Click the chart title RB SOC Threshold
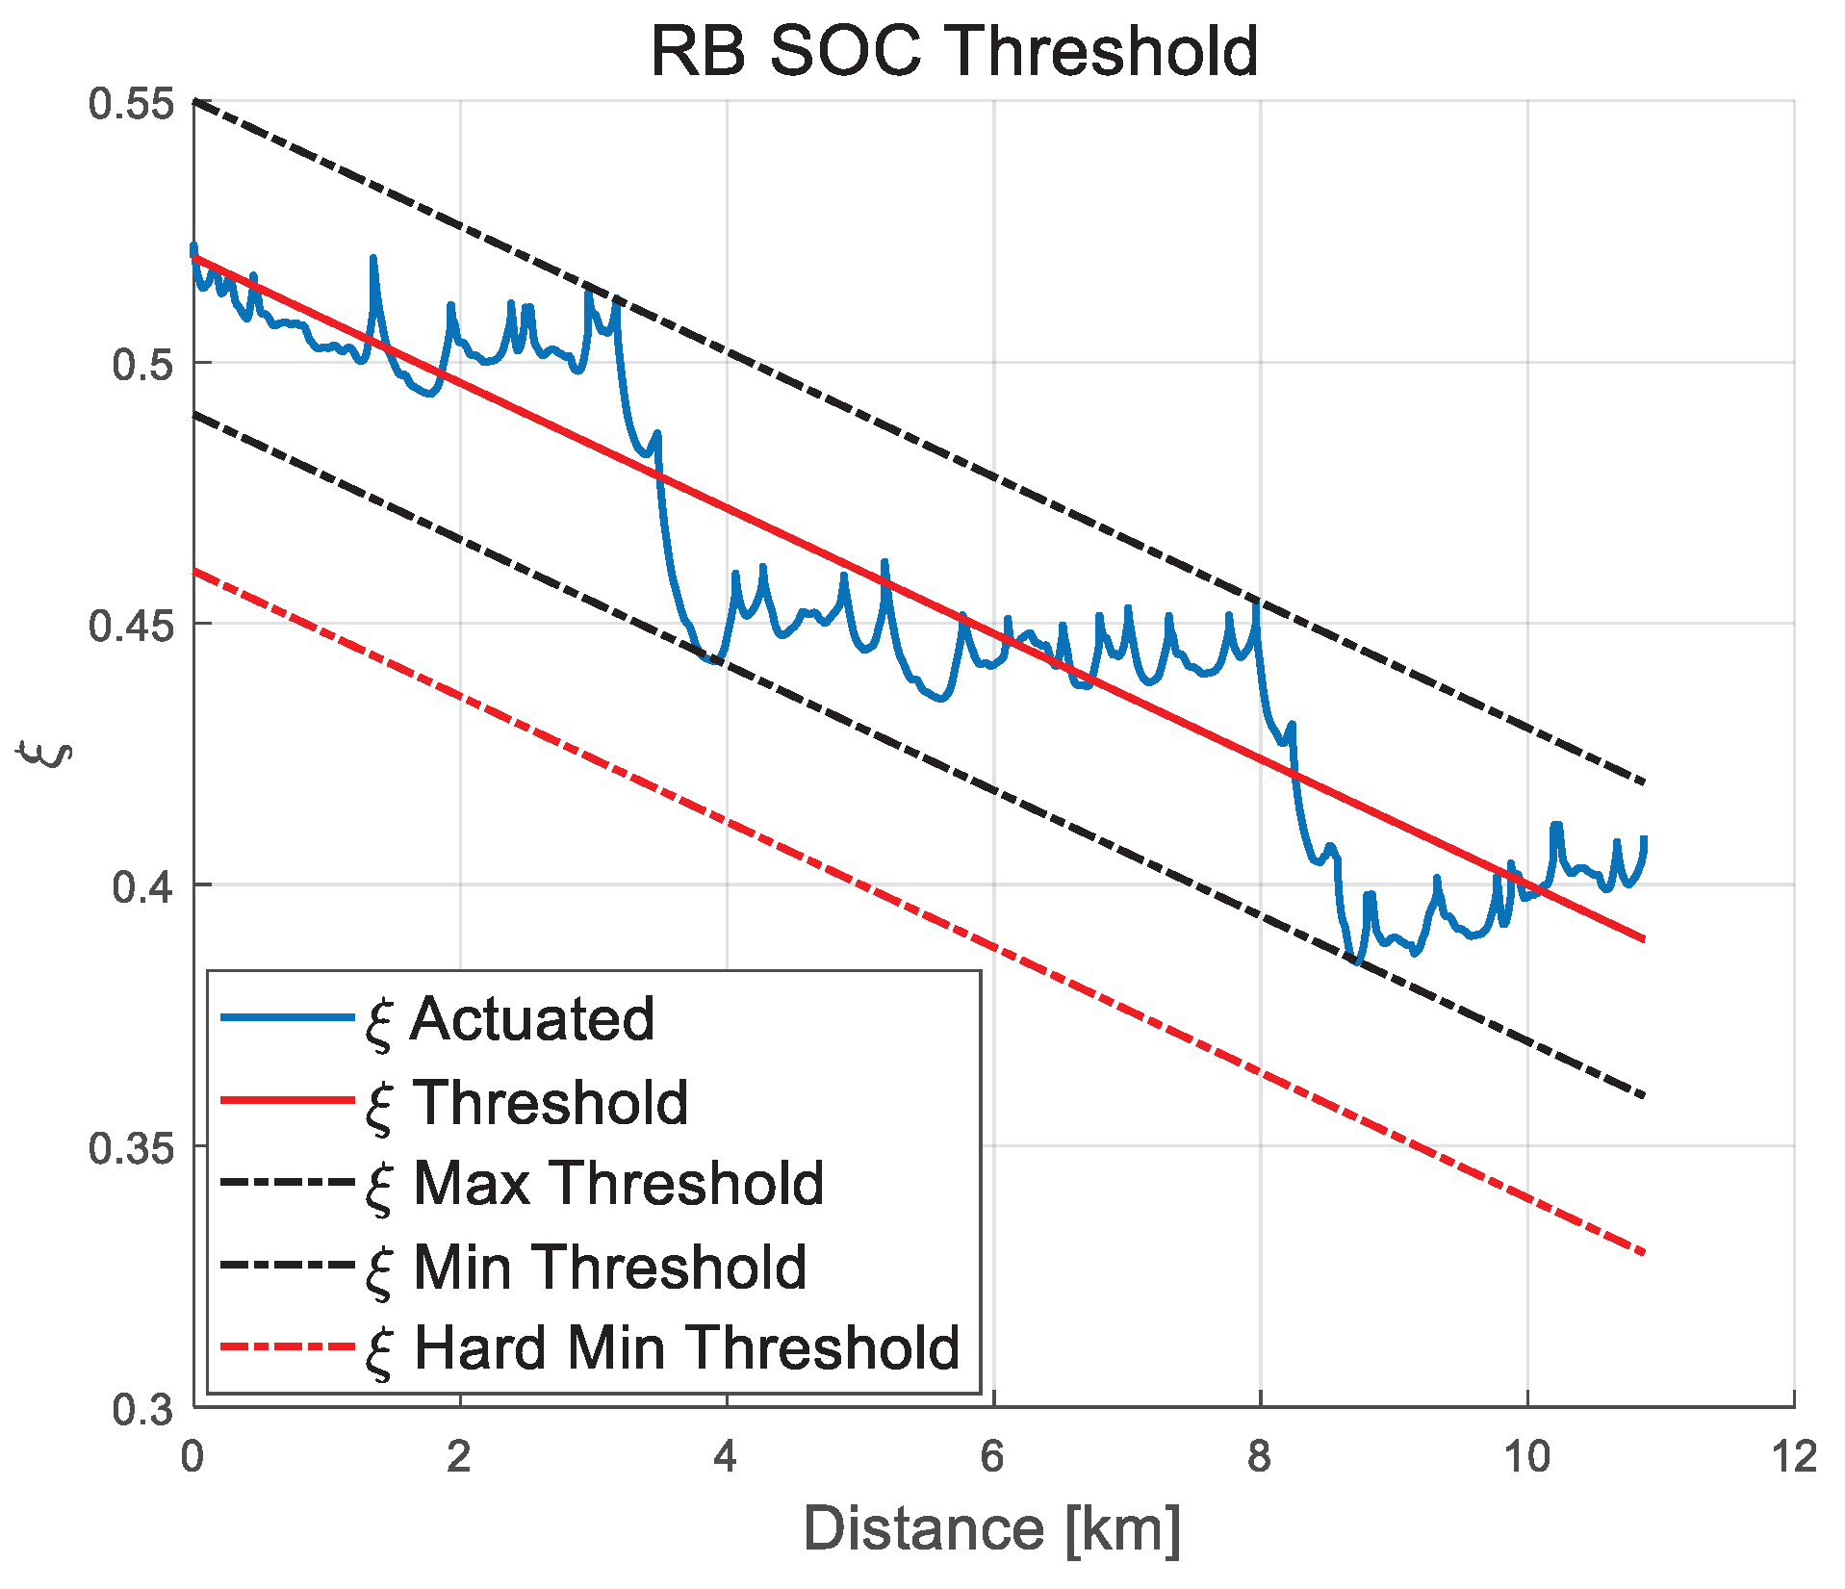click(x=954, y=50)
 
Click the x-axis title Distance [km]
click(x=991, y=1528)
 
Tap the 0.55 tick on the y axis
click(x=132, y=104)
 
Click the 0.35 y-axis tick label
click(x=132, y=1148)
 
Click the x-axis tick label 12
click(x=1794, y=1457)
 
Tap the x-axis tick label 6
click(x=992, y=1457)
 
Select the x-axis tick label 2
click(x=459, y=1457)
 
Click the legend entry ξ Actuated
click(x=510, y=1019)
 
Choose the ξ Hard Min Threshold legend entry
click(x=663, y=1347)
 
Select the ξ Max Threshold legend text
click(x=595, y=1183)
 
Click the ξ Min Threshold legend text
click(x=586, y=1267)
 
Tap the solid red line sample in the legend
click(x=287, y=1100)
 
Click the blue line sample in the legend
click(x=287, y=1018)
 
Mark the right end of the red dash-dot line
click(x=1643, y=1252)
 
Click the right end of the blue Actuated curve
click(x=1645, y=838)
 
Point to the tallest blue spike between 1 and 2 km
click(x=372, y=258)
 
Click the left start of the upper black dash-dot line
click(x=195, y=102)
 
